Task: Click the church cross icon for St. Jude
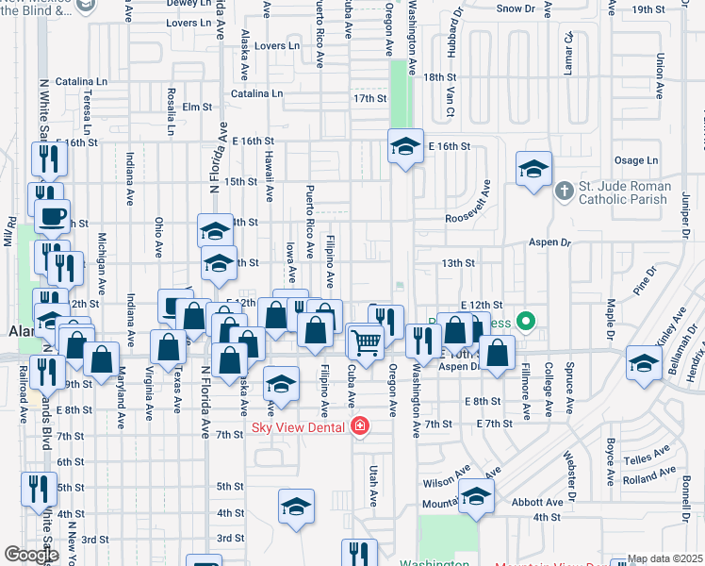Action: [x=564, y=191]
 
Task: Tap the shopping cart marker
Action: [x=366, y=342]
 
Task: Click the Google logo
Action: [x=30, y=555]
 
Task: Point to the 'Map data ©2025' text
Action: [x=665, y=558]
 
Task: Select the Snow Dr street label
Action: [x=516, y=8]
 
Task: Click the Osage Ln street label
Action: [x=634, y=161]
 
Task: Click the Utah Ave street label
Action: [x=373, y=483]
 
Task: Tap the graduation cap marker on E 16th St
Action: [x=405, y=146]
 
